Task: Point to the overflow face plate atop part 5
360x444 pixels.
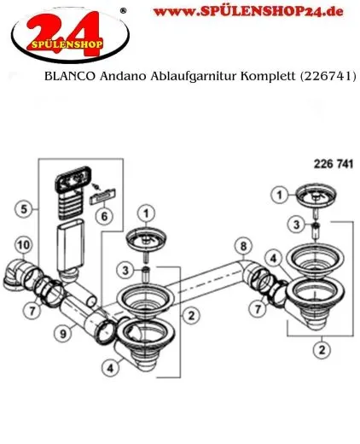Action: click(69, 181)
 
